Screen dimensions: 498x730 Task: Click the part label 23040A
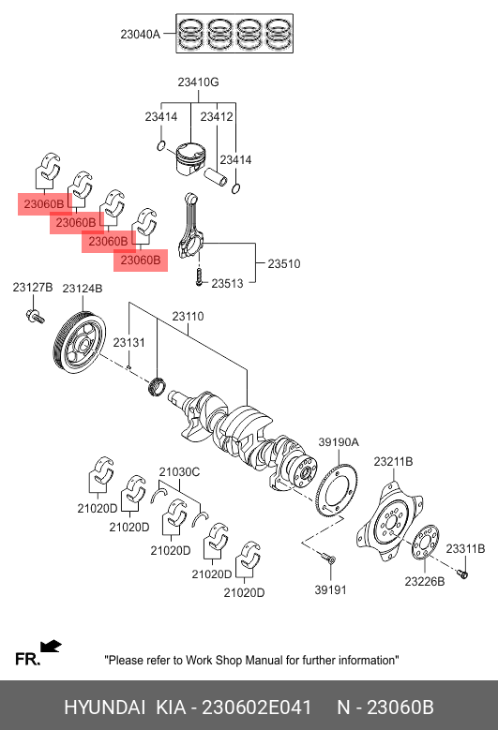tap(141, 35)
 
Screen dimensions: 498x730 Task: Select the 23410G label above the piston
tap(198, 82)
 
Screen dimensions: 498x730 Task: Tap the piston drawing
tap(190, 158)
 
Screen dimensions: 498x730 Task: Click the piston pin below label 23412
tap(216, 176)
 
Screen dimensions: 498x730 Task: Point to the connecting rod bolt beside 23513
tap(200, 276)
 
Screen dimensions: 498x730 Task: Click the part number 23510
tap(284, 264)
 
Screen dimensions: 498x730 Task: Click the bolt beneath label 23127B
tap(35, 316)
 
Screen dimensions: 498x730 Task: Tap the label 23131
tap(129, 343)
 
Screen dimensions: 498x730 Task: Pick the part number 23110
tap(188, 317)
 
